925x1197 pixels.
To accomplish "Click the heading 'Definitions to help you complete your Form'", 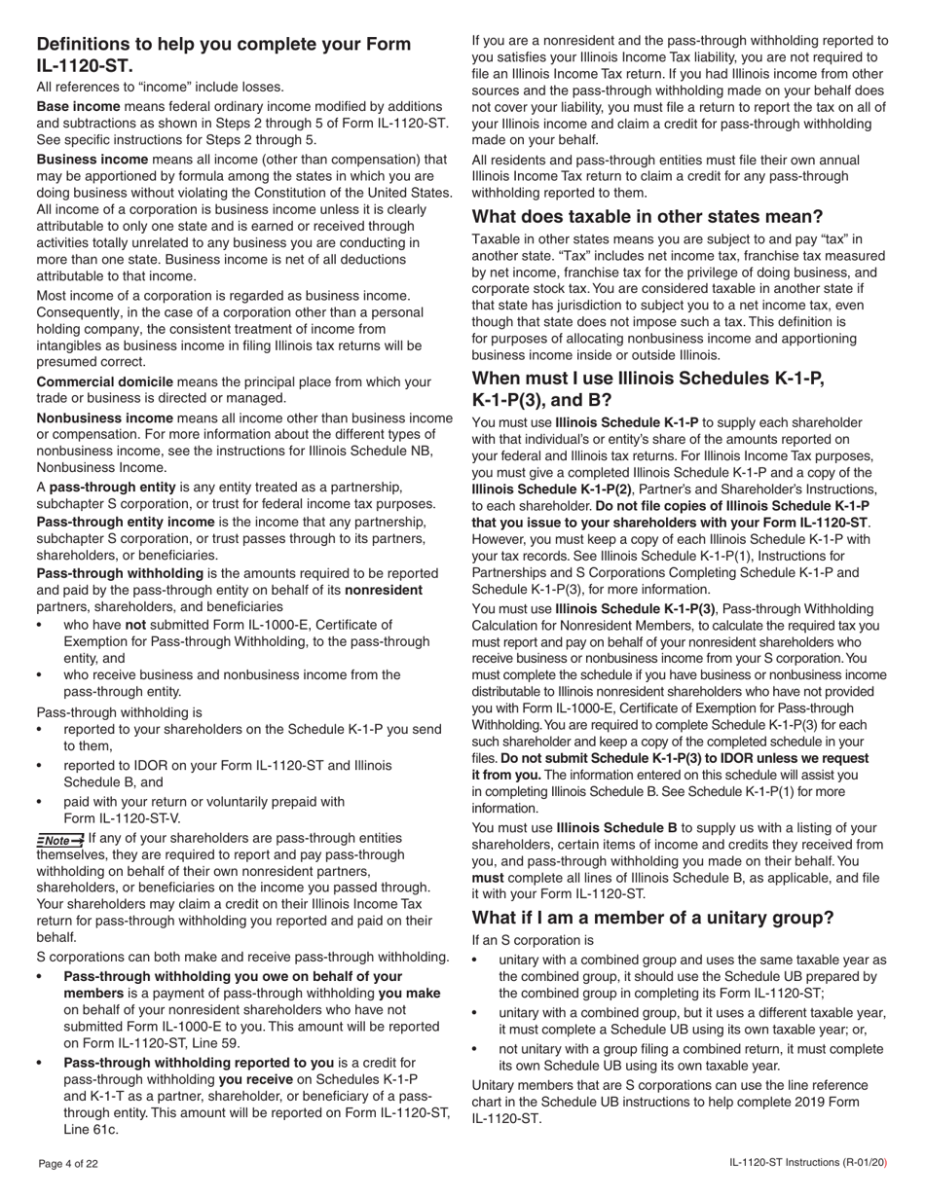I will click(223, 44).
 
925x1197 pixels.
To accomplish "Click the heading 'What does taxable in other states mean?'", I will click(647, 216).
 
